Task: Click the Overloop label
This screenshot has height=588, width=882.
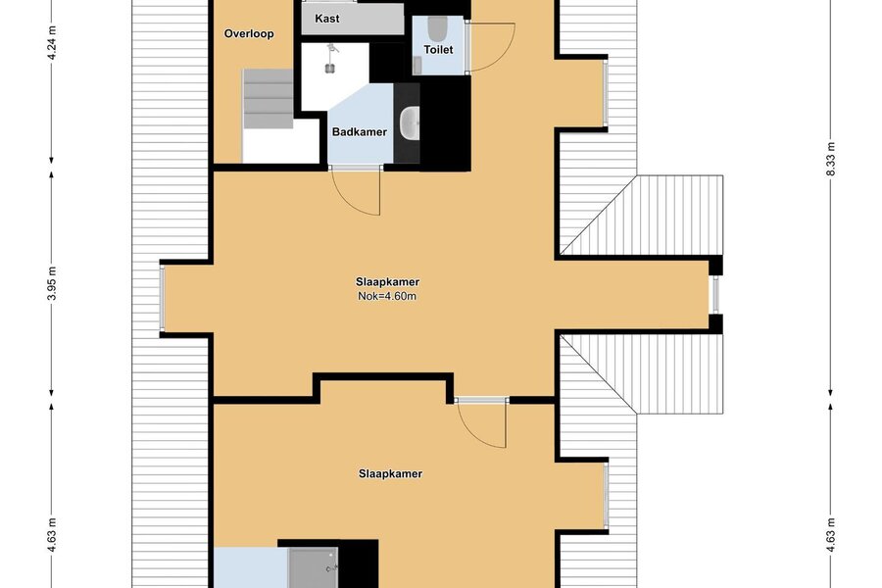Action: click(x=249, y=33)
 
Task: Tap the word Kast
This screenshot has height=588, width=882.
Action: click(x=326, y=19)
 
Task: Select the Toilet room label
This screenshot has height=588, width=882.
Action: click(x=438, y=50)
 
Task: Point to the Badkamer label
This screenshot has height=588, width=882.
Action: click(x=360, y=132)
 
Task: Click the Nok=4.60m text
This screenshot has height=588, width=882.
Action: click(x=387, y=296)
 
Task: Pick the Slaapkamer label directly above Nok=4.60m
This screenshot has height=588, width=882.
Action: click(x=387, y=282)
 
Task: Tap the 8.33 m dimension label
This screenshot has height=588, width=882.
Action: click(x=831, y=159)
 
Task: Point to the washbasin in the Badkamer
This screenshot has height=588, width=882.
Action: click(x=409, y=122)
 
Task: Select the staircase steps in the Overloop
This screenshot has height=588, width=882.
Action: click(x=269, y=99)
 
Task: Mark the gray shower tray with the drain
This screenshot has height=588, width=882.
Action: click(x=314, y=567)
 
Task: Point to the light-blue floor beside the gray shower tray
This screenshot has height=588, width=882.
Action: click(x=251, y=567)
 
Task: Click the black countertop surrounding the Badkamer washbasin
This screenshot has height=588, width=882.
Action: click(x=407, y=123)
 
